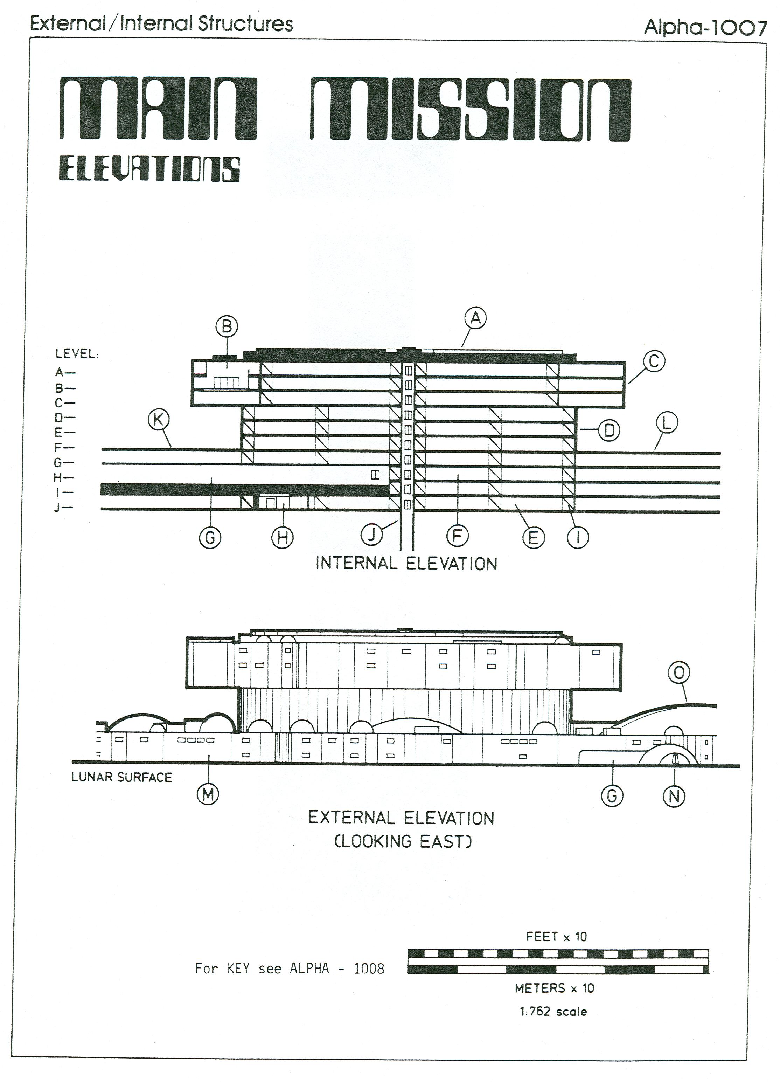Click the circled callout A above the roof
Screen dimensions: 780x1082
click(475, 318)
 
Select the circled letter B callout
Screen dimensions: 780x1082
click(227, 327)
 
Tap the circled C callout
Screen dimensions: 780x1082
click(654, 361)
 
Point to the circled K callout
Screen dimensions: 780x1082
click(159, 420)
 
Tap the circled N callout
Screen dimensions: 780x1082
click(674, 796)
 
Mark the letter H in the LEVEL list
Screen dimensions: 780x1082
click(58, 477)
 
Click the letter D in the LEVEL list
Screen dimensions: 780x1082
click(58, 418)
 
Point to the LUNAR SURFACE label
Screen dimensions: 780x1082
click(121, 777)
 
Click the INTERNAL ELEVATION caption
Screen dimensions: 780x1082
click(406, 564)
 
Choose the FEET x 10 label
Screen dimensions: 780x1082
click(556, 937)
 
